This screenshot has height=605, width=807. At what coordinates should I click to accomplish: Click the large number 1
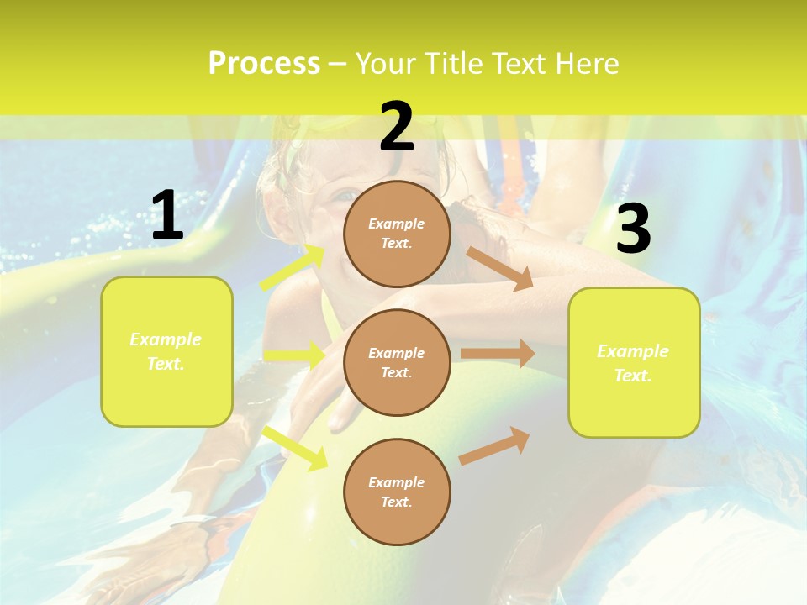(x=167, y=216)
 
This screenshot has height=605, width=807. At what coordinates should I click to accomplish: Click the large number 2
(x=397, y=127)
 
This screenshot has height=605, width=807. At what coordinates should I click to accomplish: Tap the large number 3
(x=633, y=229)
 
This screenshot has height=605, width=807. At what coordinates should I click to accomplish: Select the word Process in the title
(x=264, y=63)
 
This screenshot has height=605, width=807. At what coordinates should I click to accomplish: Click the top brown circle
(x=397, y=234)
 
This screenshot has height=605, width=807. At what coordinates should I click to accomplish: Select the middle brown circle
(x=397, y=362)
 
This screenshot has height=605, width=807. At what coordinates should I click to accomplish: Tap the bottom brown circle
(x=397, y=492)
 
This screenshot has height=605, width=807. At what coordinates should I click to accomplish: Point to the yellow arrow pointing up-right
(x=293, y=267)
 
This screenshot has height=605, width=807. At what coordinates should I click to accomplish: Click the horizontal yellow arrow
(x=294, y=355)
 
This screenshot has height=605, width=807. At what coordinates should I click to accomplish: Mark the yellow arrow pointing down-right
(x=294, y=446)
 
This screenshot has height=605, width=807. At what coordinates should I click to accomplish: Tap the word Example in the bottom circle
(x=396, y=482)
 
